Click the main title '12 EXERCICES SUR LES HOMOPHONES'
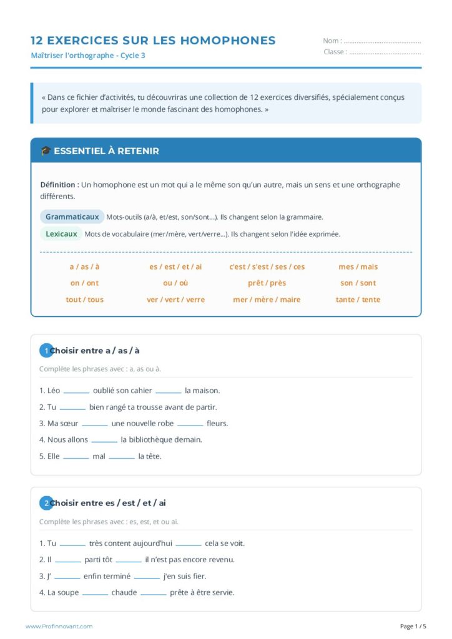coord(153,41)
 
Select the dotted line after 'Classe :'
coord(385,52)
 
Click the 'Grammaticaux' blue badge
coord(72,217)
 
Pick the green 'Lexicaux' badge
coord(61,234)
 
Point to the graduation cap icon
coord(46,151)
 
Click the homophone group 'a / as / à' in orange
coord(84,266)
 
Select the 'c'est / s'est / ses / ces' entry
coord(267,266)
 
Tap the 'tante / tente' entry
coord(358,300)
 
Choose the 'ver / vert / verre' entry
coord(175,300)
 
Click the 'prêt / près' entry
coord(267,283)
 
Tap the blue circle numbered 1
coord(46,351)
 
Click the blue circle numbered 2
coord(46,503)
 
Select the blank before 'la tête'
coord(122,457)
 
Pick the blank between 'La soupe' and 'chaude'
coord(95,593)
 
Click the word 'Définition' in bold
coord(59,185)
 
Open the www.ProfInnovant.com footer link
coord(59,626)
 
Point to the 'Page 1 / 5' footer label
coord(413,626)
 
